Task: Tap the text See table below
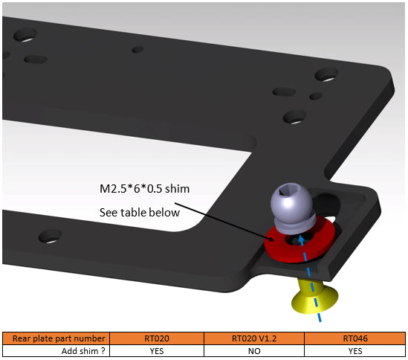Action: [140, 213]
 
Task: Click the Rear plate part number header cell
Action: [51, 338]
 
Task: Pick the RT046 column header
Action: [354, 338]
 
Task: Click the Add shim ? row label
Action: [51, 350]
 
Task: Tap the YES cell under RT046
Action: [354, 350]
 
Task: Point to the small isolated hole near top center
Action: [137, 50]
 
